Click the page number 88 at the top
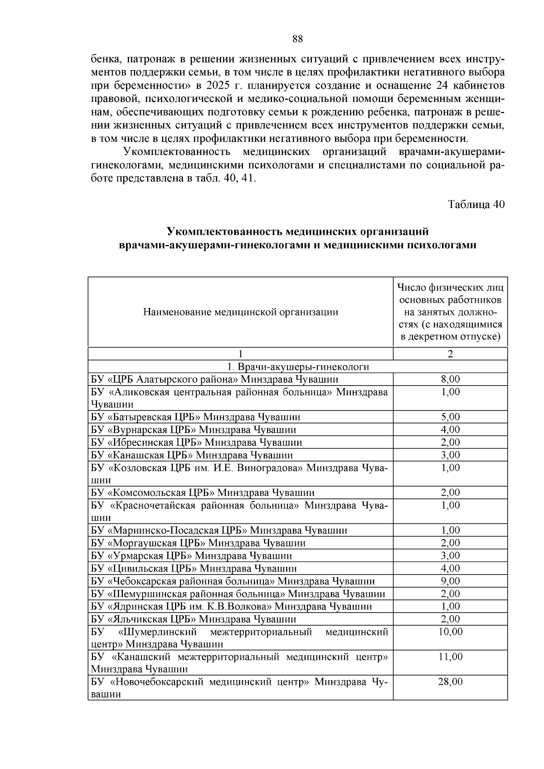(297, 39)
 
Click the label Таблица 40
(476, 204)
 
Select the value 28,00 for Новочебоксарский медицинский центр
(450, 682)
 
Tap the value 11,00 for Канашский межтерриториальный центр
(450, 657)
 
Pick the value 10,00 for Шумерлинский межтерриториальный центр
(450, 632)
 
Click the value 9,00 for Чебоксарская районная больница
(450, 581)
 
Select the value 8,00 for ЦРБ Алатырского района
(450, 379)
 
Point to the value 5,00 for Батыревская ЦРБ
(450, 417)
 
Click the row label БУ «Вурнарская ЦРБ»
(194, 430)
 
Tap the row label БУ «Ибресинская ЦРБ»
(196, 442)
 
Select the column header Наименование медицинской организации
(241, 312)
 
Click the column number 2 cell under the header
(450, 354)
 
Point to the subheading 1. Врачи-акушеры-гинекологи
(298, 367)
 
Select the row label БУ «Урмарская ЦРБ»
(191, 556)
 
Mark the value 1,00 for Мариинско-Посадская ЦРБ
(450, 530)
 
